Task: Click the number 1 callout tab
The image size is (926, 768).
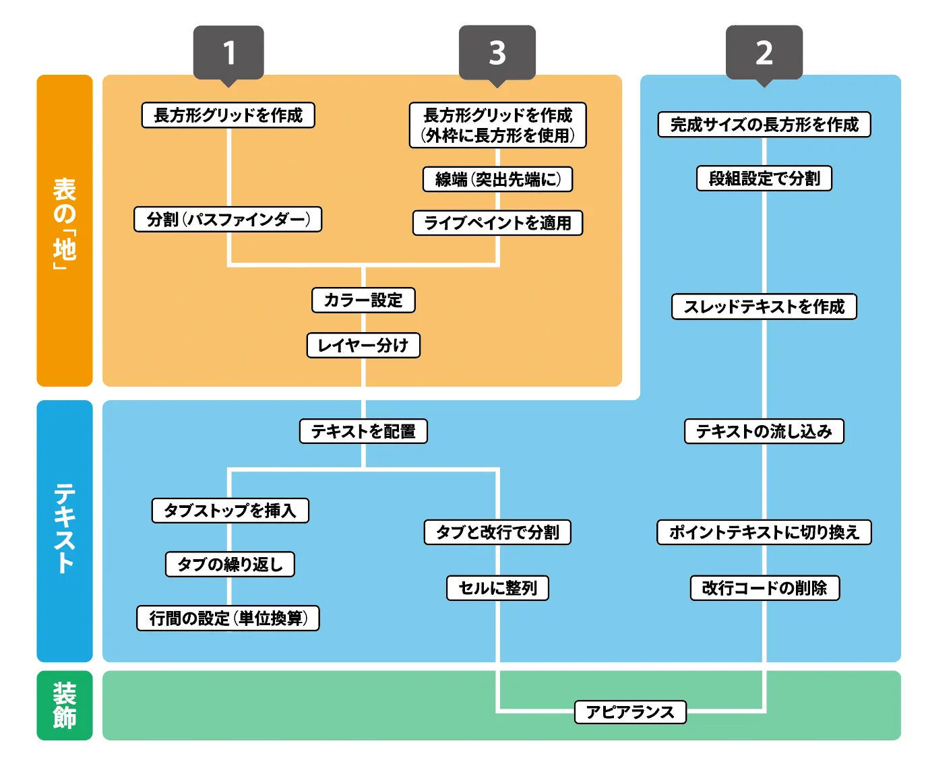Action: tap(228, 53)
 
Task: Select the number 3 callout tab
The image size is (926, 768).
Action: tap(497, 53)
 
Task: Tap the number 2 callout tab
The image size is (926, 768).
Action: tap(764, 53)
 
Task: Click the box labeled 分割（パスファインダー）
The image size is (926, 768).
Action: tap(228, 220)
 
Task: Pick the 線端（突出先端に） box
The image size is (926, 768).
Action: tap(497, 179)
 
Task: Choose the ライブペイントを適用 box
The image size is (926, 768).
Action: tap(497, 223)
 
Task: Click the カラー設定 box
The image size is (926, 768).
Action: tap(363, 300)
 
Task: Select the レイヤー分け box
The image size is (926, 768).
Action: tap(363, 346)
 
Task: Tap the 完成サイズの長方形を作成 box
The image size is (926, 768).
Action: tap(764, 125)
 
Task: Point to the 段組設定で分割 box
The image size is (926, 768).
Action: tap(764, 179)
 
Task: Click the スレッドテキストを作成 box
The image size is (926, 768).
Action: tap(764, 307)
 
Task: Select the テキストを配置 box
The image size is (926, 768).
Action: tap(363, 431)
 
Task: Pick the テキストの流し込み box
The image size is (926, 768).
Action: tap(764, 431)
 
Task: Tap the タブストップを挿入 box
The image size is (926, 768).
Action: tap(230, 511)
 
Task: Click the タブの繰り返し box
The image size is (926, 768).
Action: tap(230, 565)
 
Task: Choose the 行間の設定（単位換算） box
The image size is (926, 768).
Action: tap(228, 618)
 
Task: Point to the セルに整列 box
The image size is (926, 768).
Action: tap(497, 588)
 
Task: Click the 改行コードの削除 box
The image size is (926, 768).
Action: tap(764, 588)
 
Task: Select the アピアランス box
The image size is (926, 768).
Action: tap(630, 712)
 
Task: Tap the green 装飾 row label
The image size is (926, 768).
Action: tap(65, 705)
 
